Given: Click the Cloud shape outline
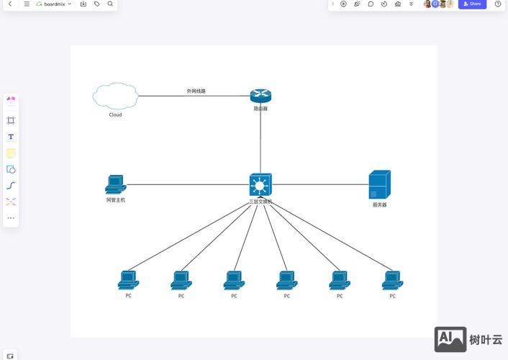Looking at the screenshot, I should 114,96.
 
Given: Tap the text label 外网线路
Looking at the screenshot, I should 196,91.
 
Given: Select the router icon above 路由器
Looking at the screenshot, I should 260,96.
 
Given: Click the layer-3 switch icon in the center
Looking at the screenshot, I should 260,184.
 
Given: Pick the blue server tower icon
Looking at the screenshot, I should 379,185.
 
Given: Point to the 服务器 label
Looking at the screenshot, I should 379,205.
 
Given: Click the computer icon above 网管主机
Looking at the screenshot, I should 115,184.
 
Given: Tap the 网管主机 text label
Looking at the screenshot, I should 115,200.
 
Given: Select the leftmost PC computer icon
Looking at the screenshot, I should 128,280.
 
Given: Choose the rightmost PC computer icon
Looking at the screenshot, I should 392,280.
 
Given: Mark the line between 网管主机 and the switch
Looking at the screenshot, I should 187,184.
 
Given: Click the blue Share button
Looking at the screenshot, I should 472,4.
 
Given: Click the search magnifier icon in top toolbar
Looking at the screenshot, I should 110,4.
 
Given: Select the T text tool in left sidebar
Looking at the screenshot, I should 11,137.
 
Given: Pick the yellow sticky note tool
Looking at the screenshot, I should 11,153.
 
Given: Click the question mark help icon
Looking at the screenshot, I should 498,4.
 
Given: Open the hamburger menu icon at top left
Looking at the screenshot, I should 27,4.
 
